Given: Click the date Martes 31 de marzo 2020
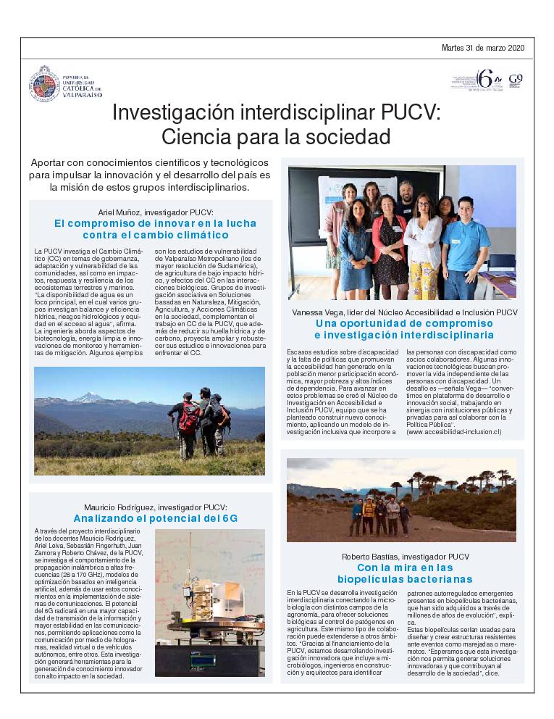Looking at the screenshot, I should click(x=483, y=48).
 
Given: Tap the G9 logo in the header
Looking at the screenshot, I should click(x=516, y=79).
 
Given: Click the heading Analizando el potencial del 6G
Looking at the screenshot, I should click(x=156, y=518).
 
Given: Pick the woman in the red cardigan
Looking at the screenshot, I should click(x=388, y=236).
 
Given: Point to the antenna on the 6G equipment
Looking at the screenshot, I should click(x=191, y=562).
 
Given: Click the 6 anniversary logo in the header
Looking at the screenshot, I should click(x=484, y=78).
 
